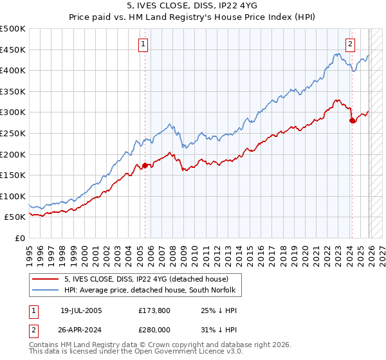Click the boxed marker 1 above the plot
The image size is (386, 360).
click(x=142, y=44)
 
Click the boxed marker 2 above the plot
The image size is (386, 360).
click(x=350, y=44)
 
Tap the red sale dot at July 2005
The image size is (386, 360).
click(x=145, y=165)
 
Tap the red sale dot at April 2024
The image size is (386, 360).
click(x=352, y=120)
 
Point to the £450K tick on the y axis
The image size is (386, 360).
click(x=13, y=50)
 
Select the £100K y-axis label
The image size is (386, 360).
click(x=13, y=196)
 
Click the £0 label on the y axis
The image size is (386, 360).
click(x=20, y=238)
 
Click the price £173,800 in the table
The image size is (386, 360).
click(x=155, y=310)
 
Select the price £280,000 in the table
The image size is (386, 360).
click(x=155, y=328)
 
